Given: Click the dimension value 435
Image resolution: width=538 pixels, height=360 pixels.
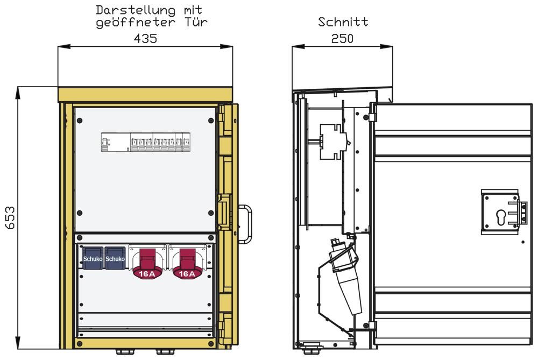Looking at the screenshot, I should pyautogui.click(x=145, y=39).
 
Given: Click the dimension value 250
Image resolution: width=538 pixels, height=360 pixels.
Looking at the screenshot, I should pyautogui.click(x=342, y=39).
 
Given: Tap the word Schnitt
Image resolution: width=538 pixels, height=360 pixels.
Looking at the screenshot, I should pyautogui.click(x=343, y=22).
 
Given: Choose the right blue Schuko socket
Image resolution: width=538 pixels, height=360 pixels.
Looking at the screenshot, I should pyautogui.click(x=115, y=257).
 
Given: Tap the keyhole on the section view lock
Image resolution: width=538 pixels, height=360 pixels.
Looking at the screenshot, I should pyautogui.click(x=500, y=217).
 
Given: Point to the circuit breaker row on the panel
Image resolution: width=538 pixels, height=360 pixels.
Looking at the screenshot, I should pyautogui.click(x=145, y=143).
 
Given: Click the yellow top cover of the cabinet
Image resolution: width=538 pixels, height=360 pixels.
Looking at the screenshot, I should pyautogui.click(x=145, y=95).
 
